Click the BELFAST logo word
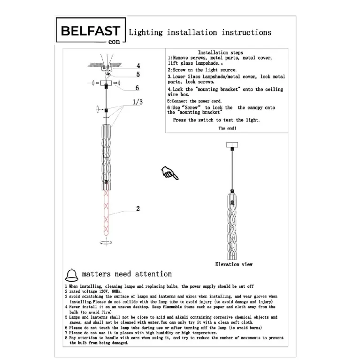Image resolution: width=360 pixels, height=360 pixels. click(x=91, y=31)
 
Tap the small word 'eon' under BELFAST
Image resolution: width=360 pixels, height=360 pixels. click(x=114, y=42)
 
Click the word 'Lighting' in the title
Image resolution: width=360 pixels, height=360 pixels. click(x=146, y=32)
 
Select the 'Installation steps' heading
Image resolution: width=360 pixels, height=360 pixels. click(x=221, y=53)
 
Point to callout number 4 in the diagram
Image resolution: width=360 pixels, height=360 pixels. click(x=138, y=66)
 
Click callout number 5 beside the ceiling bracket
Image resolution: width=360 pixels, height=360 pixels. click(x=138, y=74)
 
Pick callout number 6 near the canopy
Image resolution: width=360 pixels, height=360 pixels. click(x=137, y=88)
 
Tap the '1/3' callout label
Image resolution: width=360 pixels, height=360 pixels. click(x=138, y=102)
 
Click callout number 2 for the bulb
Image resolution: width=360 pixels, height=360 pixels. click(x=138, y=208)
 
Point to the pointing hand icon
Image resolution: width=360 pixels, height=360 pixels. click(x=169, y=173)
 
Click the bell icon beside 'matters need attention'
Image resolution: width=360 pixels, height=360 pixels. click(x=72, y=275)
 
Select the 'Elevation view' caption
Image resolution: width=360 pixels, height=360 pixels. click(x=234, y=264)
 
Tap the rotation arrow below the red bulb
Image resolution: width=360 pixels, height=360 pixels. click(x=106, y=243)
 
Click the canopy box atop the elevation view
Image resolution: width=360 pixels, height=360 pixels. click(x=232, y=145)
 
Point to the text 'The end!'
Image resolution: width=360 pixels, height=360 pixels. click(x=227, y=128)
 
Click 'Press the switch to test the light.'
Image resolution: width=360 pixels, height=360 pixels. click(x=216, y=120)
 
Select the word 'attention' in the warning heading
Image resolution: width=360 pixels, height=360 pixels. click(x=153, y=274)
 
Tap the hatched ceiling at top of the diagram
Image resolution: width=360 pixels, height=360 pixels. click(x=105, y=65)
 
